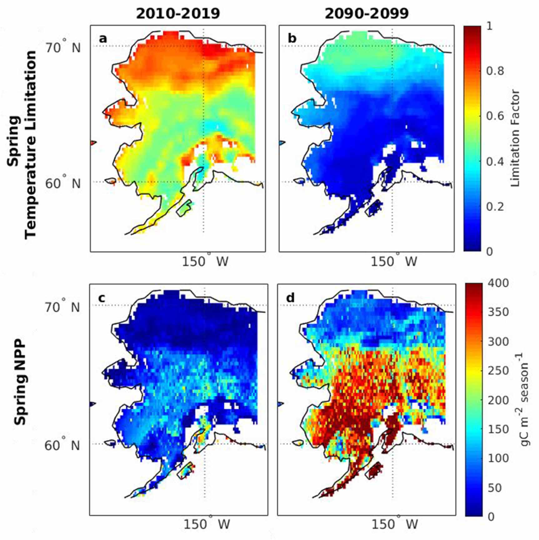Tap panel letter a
[103, 39]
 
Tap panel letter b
[292, 39]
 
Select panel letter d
[290, 298]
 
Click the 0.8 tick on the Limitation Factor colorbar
[495, 71]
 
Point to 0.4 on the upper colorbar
[495, 162]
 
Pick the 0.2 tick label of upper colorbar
[495, 207]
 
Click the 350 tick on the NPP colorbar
[498, 312]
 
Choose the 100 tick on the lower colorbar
[498, 458]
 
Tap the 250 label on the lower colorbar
[498, 371]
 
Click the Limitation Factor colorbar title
[515, 138]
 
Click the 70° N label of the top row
[63, 48]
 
